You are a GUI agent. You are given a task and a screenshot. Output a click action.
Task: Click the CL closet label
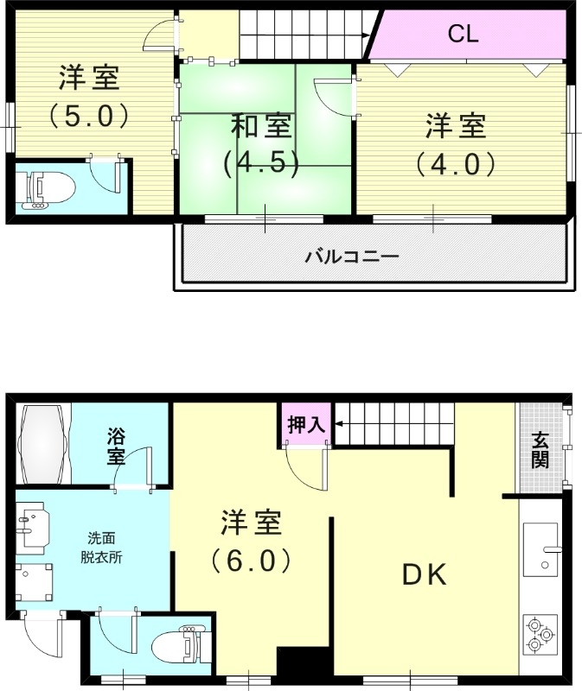pos(464,35)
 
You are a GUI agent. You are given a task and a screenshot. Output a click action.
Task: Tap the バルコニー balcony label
pos(351,257)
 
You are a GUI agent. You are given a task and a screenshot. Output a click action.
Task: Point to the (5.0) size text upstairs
pos(89,116)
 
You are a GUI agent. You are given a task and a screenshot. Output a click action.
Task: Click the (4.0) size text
pos(455,163)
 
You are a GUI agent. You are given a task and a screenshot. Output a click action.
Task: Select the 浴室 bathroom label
pos(117,446)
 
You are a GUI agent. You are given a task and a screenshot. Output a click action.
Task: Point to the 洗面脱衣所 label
pos(105,547)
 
